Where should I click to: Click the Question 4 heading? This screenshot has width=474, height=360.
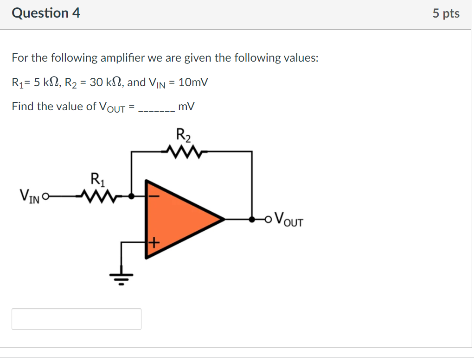(x=46, y=13)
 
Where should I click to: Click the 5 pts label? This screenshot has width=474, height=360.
(x=446, y=13)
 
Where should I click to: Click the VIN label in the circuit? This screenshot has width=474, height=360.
(x=29, y=196)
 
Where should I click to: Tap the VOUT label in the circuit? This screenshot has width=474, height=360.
(x=288, y=219)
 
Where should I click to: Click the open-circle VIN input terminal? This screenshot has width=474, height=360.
(x=45, y=197)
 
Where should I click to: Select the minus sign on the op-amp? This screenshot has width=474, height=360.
(x=154, y=196)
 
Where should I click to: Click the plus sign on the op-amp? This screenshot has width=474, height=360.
(x=154, y=242)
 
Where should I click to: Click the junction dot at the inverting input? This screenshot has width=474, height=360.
(x=132, y=196)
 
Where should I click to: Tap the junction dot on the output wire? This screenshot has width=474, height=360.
(x=252, y=219)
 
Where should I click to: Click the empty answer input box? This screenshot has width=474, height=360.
(x=77, y=319)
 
